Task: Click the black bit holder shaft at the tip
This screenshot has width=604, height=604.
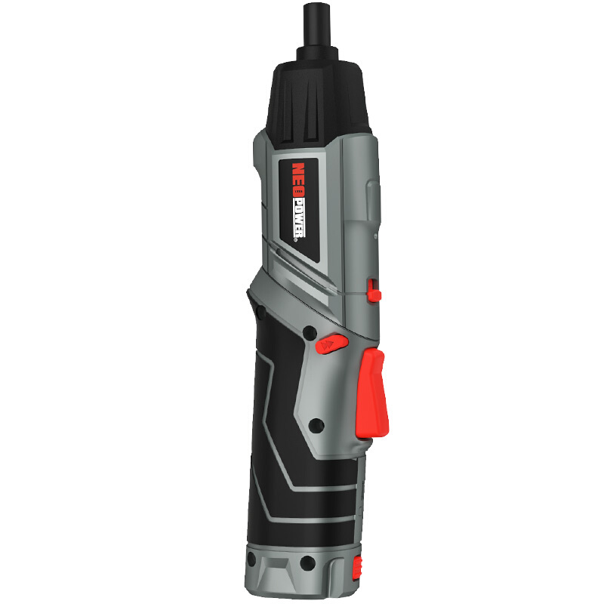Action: point(317,25)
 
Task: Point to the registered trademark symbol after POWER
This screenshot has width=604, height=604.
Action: point(296,239)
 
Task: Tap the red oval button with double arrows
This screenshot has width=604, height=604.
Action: point(331,344)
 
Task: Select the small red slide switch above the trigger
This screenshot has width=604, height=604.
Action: point(373,291)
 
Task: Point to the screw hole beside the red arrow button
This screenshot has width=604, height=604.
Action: point(310,332)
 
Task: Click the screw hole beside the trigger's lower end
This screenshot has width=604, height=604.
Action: point(316,425)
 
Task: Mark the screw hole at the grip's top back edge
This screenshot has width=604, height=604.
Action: point(260,310)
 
